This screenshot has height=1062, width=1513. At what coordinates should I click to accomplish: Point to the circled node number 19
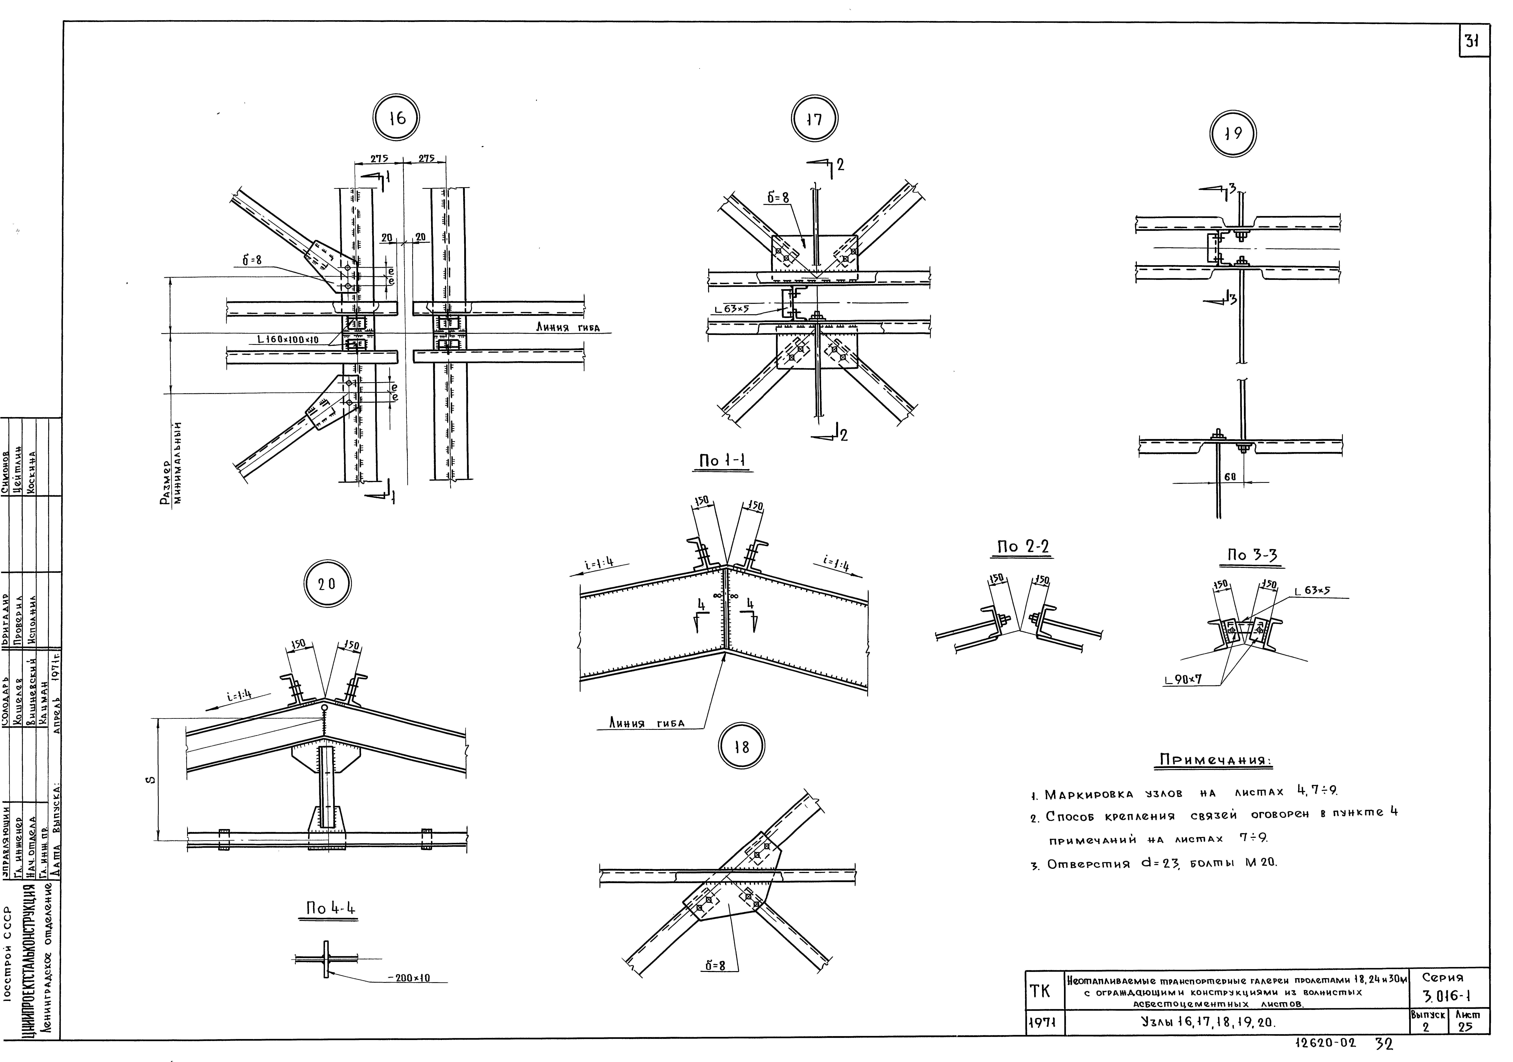tap(1233, 134)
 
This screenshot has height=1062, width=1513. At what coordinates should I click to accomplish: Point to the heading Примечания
tap(1215, 760)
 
